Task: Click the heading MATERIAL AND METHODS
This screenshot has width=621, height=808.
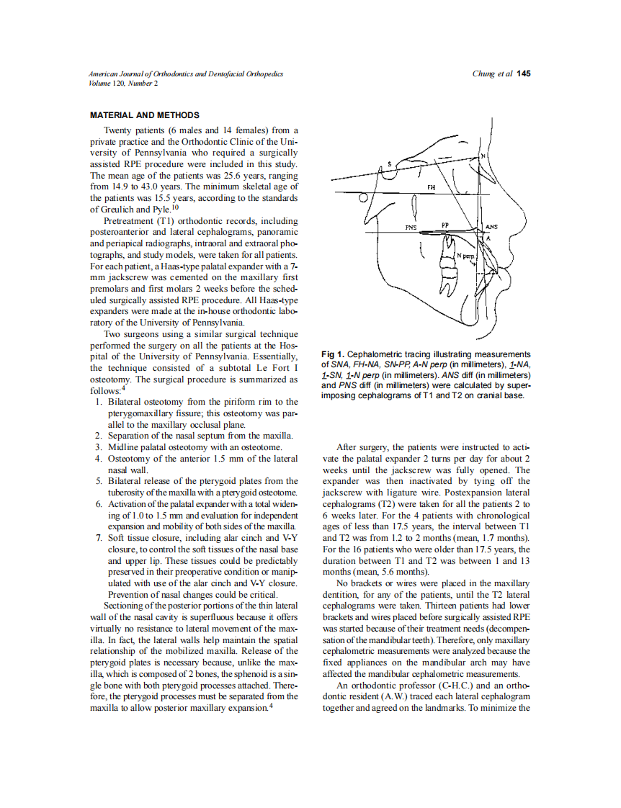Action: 144,115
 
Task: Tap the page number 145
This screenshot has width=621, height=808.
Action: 524,74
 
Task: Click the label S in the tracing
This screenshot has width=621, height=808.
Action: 390,165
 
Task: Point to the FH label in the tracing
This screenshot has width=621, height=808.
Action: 431,187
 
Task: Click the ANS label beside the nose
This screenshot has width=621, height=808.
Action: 492,228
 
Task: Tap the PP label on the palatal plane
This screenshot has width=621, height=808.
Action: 445,225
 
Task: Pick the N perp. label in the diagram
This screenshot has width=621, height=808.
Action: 465,256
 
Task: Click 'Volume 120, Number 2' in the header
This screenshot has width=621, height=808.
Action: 123,83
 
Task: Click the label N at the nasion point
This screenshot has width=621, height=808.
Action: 483,156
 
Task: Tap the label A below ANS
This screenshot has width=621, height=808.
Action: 488,238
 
